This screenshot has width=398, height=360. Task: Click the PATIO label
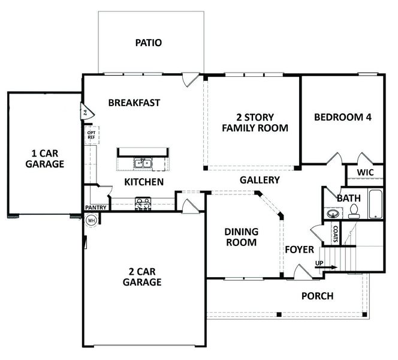(x=149, y=43)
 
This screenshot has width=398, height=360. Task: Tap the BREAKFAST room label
(x=134, y=103)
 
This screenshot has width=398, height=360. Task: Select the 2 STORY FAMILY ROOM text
(x=255, y=122)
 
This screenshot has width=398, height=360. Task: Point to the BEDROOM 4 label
(x=343, y=117)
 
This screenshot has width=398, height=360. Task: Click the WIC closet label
(x=366, y=173)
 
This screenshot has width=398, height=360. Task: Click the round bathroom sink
(x=333, y=213)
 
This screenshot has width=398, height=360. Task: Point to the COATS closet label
(x=337, y=233)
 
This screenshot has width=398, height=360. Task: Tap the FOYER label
(x=299, y=249)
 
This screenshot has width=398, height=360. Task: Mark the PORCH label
(x=317, y=296)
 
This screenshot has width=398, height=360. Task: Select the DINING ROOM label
(x=241, y=237)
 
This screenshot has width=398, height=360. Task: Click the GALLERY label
(x=260, y=179)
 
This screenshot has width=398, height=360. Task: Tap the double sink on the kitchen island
(x=142, y=163)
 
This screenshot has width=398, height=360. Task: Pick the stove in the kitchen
(x=144, y=204)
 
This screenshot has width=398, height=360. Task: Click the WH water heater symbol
(x=92, y=220)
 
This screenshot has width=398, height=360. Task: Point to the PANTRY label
(x=96, y=208)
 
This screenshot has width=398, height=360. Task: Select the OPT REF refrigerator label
(x=91, y=135)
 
